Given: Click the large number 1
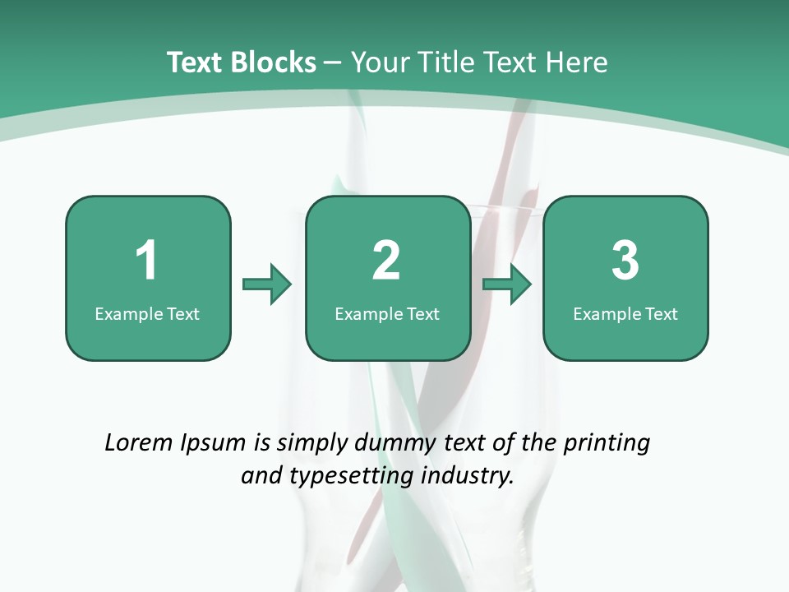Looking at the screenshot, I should (146, 261).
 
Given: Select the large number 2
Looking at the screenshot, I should (386, 261).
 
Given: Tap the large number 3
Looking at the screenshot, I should (625, 261).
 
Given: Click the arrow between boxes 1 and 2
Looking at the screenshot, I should (267, 284).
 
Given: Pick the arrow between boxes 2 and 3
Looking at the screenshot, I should (507, 284).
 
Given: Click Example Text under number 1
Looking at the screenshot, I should (147, 314).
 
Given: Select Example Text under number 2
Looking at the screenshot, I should (387, 314).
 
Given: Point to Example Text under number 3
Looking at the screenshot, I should (625, 314).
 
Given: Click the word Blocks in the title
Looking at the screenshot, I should (273, 62).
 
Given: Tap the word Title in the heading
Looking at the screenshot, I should (445, 62).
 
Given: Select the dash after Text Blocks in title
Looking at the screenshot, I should (334, 62).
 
